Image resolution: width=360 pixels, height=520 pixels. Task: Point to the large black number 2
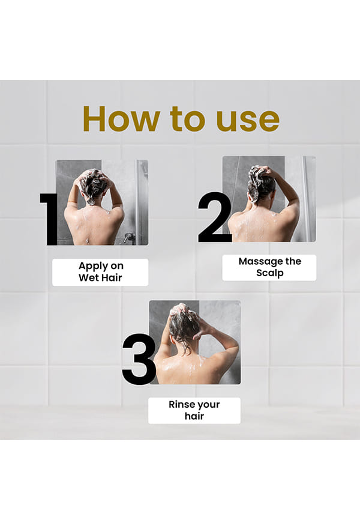point(215,217)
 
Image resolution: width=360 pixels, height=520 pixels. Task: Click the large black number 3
point(139,360)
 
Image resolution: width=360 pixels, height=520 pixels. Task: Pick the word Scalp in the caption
point(270,273)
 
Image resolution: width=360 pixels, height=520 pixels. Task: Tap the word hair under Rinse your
point(194,416)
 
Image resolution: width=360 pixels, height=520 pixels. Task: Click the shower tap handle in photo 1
point(128,237)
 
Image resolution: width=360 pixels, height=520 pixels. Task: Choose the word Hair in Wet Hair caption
point(111,277)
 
